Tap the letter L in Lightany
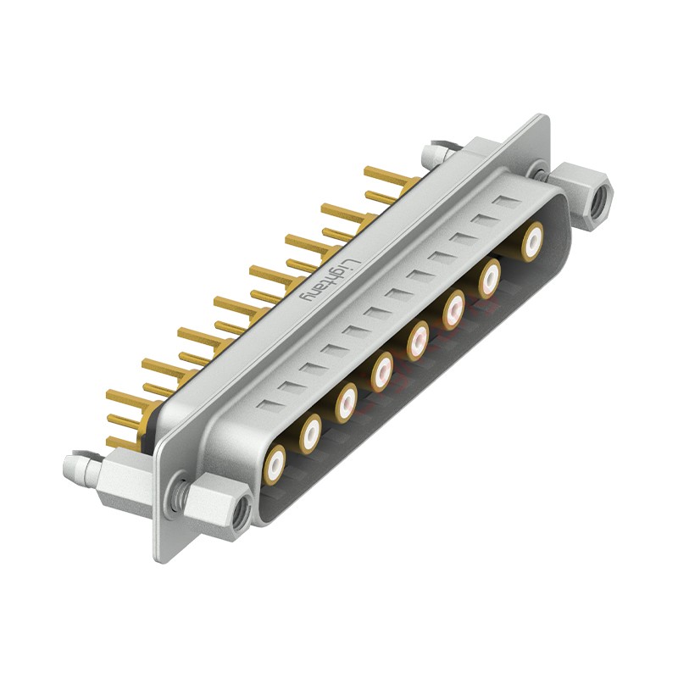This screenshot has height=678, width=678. (355, 252)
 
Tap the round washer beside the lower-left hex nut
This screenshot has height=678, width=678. (179, 494)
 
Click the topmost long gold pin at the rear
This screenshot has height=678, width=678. (386, 175)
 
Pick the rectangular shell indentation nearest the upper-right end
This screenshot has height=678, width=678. (507, 203)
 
